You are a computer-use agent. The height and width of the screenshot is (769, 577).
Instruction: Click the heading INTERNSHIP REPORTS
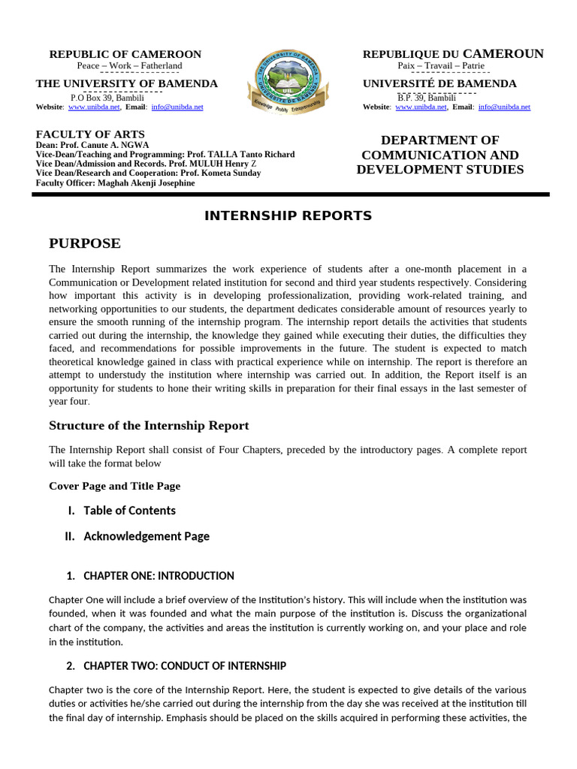pos(288,216)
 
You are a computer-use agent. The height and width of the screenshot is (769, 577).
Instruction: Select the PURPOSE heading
pos(84,243)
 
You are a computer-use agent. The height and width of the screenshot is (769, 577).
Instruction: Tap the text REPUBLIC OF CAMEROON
pos(125,54)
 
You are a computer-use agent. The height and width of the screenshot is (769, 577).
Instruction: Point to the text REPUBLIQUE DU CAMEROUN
pos(453,54)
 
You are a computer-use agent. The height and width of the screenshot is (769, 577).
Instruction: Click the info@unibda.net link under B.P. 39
pos(504,107)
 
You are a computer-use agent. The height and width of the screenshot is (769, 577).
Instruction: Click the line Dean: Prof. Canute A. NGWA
pos(92,144)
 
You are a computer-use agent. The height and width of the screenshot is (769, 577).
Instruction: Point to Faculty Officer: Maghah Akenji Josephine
pos(104,182)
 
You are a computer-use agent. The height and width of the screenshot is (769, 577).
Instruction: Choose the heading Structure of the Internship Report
pos(149,426)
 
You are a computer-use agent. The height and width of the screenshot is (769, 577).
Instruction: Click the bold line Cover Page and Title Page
pos(114,486)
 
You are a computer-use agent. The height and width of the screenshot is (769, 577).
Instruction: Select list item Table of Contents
pos(129,511)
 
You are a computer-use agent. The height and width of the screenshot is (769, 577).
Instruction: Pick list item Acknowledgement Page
pos(147,536)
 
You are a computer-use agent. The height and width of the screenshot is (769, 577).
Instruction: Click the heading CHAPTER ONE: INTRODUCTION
pos(159,576)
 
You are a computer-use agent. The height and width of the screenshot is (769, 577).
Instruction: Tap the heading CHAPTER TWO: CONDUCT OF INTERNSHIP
pos(184,666)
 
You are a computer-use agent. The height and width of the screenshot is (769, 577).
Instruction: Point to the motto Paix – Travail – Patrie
pos(441,66)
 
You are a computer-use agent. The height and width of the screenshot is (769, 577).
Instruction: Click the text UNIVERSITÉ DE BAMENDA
pos(440,83)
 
